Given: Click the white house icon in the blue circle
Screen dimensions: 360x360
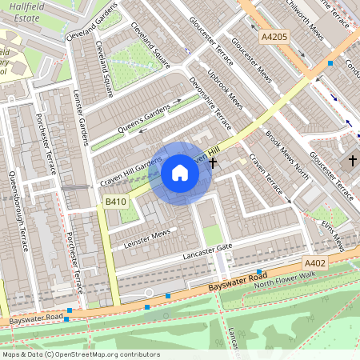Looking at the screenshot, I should (x=180, y=172).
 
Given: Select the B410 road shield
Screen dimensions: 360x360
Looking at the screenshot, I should (x=116, y=204).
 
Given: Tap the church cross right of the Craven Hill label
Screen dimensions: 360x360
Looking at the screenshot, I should (x=213, y=163).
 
